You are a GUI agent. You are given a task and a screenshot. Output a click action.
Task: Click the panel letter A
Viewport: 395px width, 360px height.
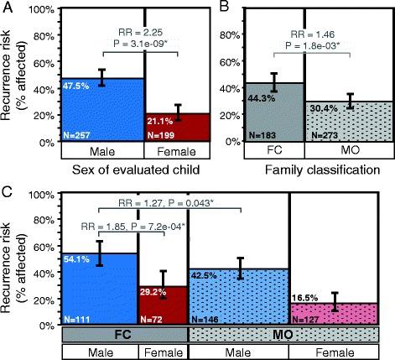click(x=7, y=8)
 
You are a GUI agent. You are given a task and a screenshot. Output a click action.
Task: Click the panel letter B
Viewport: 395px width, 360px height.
click(x=221, y=8)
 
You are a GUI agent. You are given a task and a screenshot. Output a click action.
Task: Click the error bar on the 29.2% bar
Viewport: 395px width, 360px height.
click(x=164, y=285)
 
